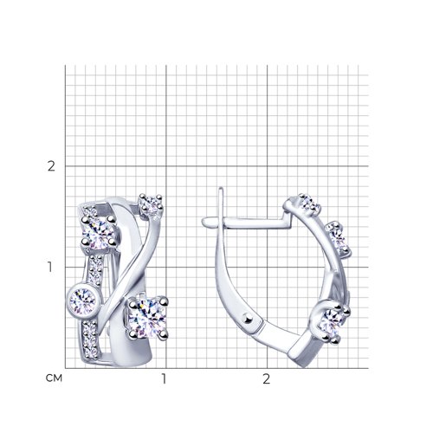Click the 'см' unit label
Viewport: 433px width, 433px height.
(54, 378)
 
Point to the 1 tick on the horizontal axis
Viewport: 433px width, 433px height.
(164, 378)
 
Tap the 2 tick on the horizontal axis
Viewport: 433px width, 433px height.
(266, 378)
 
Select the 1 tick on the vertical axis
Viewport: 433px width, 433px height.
(50, 268)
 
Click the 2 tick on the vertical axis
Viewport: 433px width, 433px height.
(51, 166)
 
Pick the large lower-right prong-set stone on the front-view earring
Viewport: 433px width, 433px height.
(148, 318)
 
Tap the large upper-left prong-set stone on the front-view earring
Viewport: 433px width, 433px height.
(99, 232)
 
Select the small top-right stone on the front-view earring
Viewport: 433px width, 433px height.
(151, 204)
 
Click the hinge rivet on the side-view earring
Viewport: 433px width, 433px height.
(248, 318)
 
